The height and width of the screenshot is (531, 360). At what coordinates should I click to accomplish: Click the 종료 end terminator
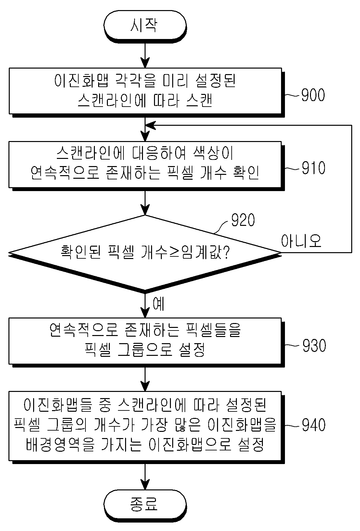[x=145, y=504]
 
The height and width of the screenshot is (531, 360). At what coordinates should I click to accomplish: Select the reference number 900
[x=313, y=95]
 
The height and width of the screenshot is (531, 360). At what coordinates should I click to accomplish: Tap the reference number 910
[x=313, y=168]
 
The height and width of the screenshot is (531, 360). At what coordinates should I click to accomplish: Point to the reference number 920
[x=243, y=220]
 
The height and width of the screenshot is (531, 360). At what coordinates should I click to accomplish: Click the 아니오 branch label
[x=301, y=241]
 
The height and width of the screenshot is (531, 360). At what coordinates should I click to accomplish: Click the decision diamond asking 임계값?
[x=145, y=253]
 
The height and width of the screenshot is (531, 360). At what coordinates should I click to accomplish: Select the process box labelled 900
[x=145, y=91]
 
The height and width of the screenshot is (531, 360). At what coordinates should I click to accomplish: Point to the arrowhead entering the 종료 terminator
[x=145, y=484]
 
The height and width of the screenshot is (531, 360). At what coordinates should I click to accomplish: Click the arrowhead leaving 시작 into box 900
[x=145, y=63]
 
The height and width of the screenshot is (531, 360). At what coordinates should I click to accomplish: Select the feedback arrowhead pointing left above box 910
[x=150, y=125]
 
